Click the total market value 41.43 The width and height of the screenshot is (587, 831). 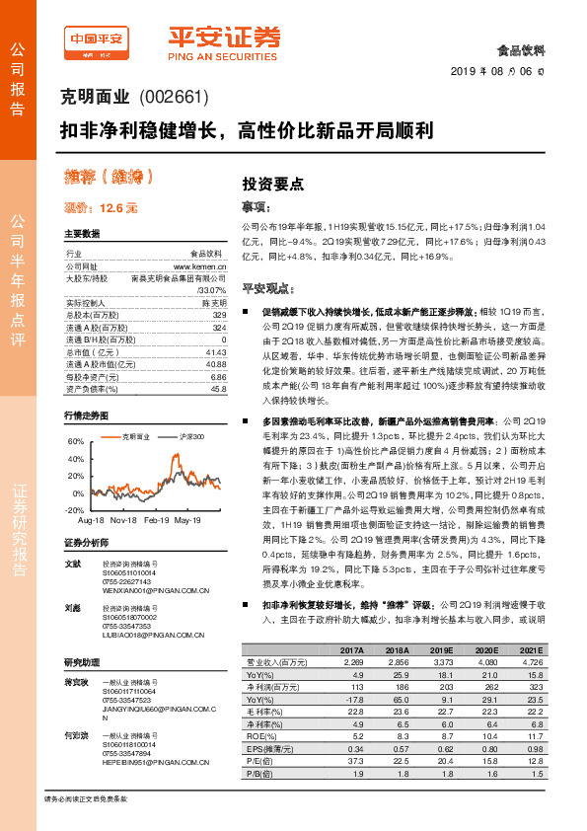[x=216, y=352]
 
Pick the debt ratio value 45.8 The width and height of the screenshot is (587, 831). [x=218, y=389]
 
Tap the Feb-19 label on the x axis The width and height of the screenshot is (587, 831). [x=159, y=519]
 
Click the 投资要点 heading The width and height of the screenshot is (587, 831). [x=273, y=183]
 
